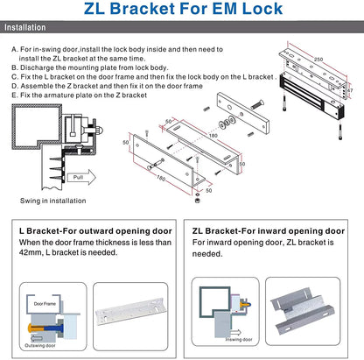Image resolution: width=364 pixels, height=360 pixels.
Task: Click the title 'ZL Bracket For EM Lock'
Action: (182, 11)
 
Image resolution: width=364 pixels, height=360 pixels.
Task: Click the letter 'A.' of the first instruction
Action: (14, 49)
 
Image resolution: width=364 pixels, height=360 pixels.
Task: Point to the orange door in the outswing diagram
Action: (35, 336)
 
